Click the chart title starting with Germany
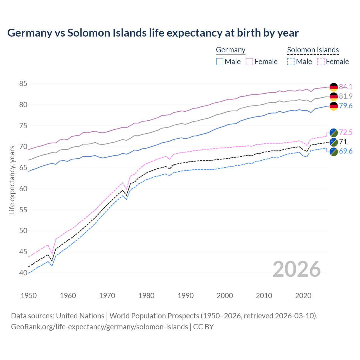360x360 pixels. (x=153, y=33)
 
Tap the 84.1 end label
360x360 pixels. (x=346, y=87)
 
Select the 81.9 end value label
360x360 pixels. (x=346, y=96)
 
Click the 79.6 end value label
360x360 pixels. (x=346, y=106)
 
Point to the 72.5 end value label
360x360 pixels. (x=346, y=132)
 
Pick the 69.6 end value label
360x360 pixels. (x=346, y=151)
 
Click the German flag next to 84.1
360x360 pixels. (x=334, y=87)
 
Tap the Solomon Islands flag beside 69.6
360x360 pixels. (x=334, y=152)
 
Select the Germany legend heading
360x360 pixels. (x=231, y=50)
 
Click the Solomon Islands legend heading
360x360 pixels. (x=313, y=50)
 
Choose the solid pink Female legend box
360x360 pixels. (x=249, y=62)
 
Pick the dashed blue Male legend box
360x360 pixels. (x=291, y=62)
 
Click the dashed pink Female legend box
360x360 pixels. (x=321, y=62)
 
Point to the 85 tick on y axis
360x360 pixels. (x=23, y=84)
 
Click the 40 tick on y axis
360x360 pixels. (x=23, y=273)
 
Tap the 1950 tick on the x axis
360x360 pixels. (x=29, y=296)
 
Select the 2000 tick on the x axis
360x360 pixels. (x=225, y=296)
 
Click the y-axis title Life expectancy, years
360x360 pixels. (x=12, y=180)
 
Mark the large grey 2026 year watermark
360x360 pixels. (x=296, y=269)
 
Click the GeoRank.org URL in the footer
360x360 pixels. (x=99, y=327)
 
